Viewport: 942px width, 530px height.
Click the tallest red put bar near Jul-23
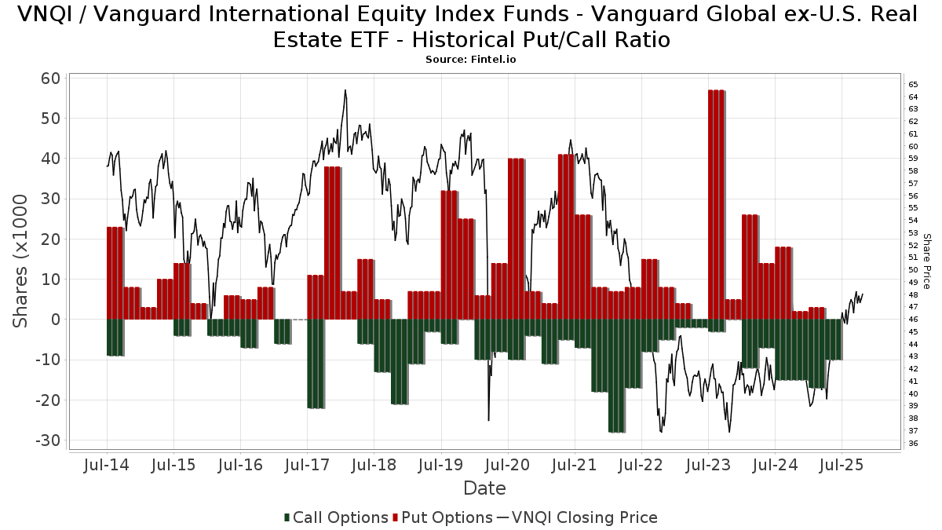pyautogui.click(x=716, y=204)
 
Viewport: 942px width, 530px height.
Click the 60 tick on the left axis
pyautogui.click(x=51, y=79)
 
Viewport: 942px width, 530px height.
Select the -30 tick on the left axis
pyautogui.click(x=47, y=440)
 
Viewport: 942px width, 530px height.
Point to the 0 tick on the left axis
pyautogui.click(x=56, y=320)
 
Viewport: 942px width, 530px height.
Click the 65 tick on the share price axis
pyautogui.click(x=913, y=85)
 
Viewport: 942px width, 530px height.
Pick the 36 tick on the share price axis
pyautogui.click(x=913, y=444)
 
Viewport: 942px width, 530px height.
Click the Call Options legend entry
pyautogui.click(x=336, y=517)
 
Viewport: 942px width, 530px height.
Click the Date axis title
pyautogui.click(x=484, y=488)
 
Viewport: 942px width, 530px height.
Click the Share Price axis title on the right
pyautogui.click(x=926, y=261)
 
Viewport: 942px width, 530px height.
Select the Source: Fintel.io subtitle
pyautogui.click(x=471, y=60)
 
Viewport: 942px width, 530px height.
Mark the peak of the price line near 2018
pyautogui.click(x=345, y=90)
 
